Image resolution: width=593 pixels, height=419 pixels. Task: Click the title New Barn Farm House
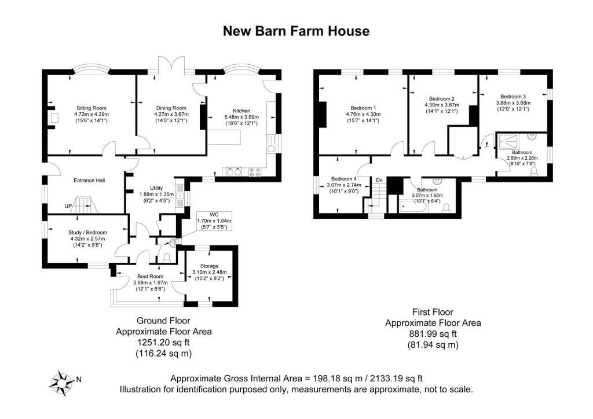pyautogui.click(x=296, y=31)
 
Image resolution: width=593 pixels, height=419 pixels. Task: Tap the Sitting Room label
pyautogui.click(x=91, y=108)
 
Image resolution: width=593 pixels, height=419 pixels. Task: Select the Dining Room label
pyautogui.click(x=171, y=108)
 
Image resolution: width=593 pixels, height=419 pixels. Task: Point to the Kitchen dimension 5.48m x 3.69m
pyautogui.click(x=241, y=117)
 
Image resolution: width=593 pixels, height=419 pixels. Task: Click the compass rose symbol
pyautogui.click(x=61, y=383)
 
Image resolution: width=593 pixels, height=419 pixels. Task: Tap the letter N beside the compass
pyautogui.click(x=79, y=379)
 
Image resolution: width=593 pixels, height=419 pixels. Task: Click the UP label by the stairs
pyautogui.click(x=68, y=206)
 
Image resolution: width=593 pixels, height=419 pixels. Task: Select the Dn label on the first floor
pyautogui.click(x=379, y=180)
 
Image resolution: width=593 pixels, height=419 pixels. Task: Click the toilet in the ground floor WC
pyautogui.click(x=166, y=258)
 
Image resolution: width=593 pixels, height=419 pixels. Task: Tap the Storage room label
pyautogui.click(x=209, y=266)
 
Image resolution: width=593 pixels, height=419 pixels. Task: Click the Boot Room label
pyautogui.click(x=151, y=276)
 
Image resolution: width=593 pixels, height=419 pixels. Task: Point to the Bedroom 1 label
pyautogui.click(x=363, y=108)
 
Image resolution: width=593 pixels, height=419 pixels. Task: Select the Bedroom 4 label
pyautogui.click(x=344, y=179)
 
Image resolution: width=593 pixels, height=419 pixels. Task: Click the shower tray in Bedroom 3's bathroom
pyautogui.click(x=508, y=141)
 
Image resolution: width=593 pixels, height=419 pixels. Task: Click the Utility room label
pyautogui.click(x=156, y=188)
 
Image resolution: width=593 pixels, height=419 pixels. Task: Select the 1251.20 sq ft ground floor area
pyautogui.click(x=163, y=342)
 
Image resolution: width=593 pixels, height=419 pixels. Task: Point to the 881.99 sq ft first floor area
pyautogui.click(x=433, y=333)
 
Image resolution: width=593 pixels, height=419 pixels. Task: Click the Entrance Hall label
pyautogui.click(x=89, y=180)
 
